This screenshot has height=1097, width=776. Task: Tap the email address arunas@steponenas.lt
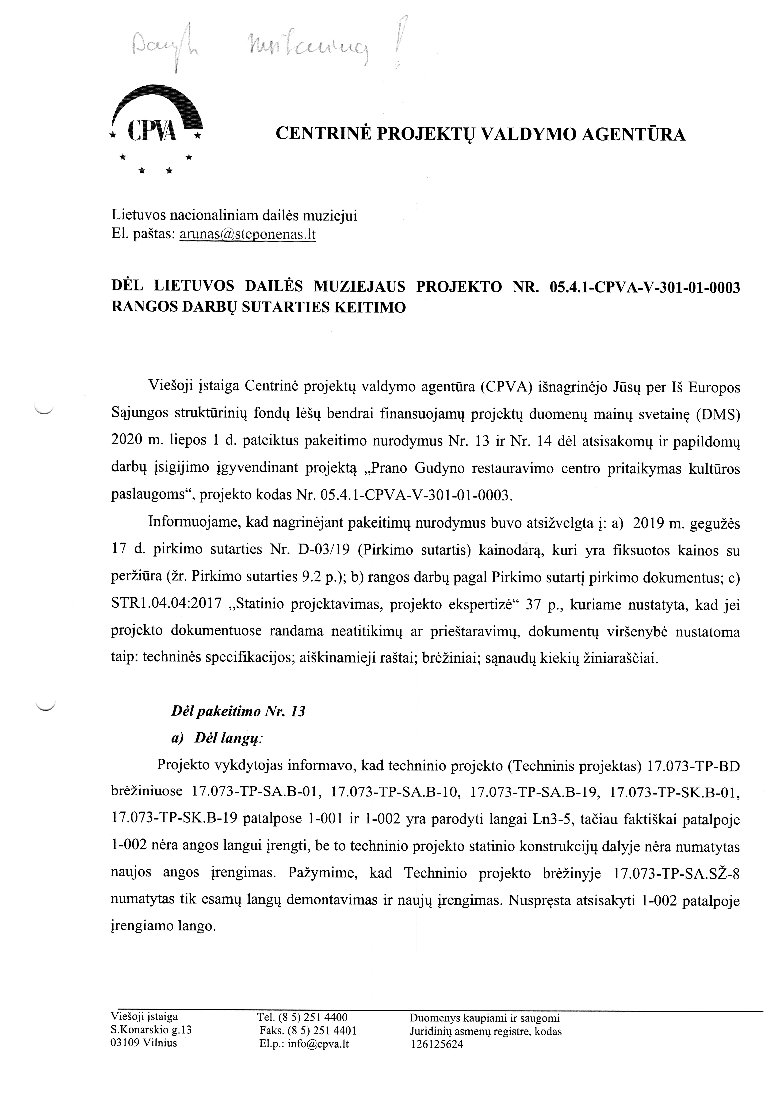coord(248,235)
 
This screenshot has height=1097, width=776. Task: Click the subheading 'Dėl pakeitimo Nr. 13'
coord(238,711)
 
